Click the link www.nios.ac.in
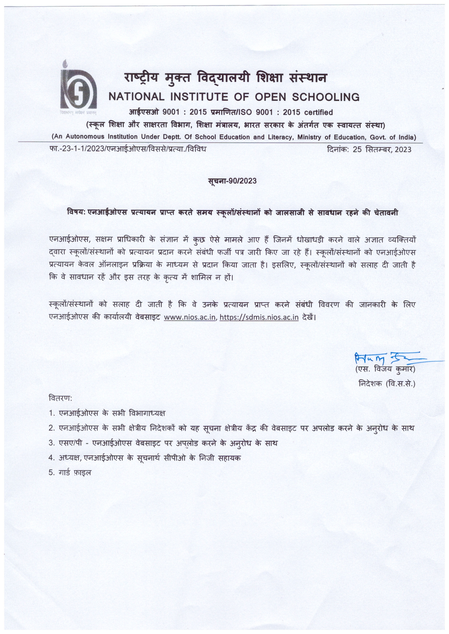(x=190, y=317)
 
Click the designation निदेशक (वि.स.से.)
(x=387, y=384)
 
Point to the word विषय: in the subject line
(x=76, y=213)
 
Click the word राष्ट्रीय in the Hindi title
(x=141, y=78)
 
